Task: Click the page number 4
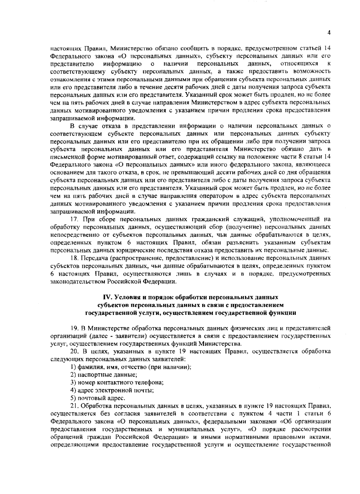pos(329,33)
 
